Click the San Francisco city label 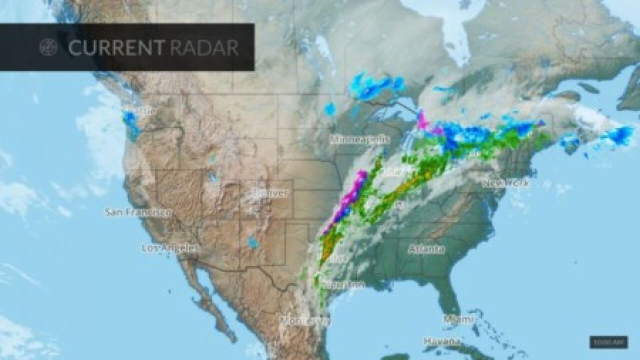(x=137, y=212)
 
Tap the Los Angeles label (x=170, y=247)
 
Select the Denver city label (x=270, y=193)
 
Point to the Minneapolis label (x=359, y=140)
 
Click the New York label (x=505, y=183)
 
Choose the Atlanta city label (x=426, y=249)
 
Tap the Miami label (x=458, y=319)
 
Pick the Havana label (x=441, y=341)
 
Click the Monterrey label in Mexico (x=304, y=319)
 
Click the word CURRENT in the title (x=116, y=47)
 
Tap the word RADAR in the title (x=203, y=47)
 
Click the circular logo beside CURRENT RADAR (x=48, y=47)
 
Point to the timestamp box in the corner (x=608, y=342)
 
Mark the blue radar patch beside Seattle (x=130, y=120)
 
